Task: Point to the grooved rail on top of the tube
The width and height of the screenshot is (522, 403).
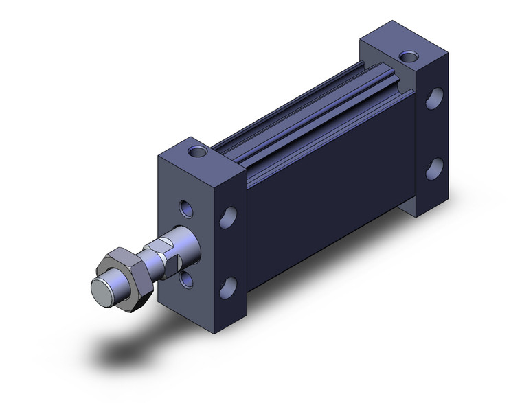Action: (309, 110)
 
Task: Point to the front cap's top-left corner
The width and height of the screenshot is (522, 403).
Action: (161, 156)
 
